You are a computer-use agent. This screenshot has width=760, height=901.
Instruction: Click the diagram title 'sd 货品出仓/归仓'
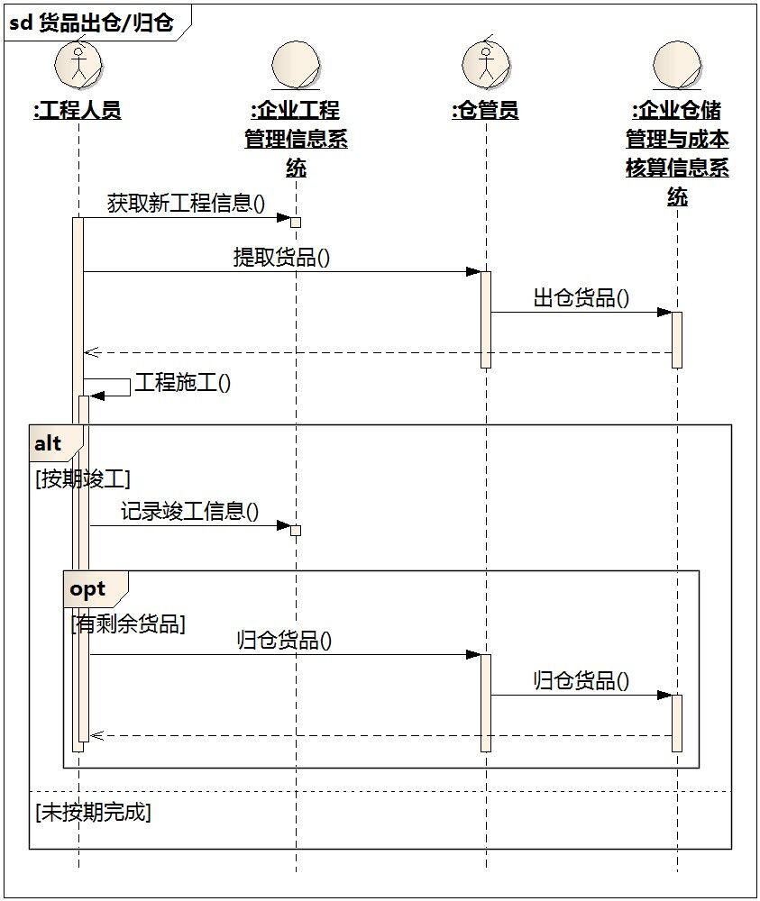[x=91, y=23]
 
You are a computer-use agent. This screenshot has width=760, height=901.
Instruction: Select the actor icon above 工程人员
[x=78, y=63]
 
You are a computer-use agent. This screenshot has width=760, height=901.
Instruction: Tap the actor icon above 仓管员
[x=486, y=63]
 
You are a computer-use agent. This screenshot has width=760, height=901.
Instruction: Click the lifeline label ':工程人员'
[x=78, y=110]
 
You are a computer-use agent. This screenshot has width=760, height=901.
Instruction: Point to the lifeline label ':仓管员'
[x=486, y=110]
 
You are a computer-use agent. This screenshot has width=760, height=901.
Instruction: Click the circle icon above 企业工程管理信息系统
[x=296, y=66]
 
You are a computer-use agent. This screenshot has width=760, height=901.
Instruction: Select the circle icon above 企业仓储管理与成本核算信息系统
[x=677, y=66]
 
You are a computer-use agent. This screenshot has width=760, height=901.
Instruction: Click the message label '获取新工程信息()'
[x=186, y=203]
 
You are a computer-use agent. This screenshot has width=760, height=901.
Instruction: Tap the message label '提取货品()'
[x=281, y=257]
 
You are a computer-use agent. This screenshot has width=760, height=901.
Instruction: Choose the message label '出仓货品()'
[x=581, y=297]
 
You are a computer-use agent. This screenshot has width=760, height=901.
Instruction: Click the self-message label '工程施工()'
[x=183, y=383]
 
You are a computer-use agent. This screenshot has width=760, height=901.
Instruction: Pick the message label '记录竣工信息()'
[x=189, y=511]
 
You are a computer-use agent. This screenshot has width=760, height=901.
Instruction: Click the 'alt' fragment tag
[x=49, y=443]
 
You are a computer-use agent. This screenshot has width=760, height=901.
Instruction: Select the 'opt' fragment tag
[x=87, y=589]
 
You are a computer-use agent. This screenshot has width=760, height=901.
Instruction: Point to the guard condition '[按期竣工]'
[x=83, y=478]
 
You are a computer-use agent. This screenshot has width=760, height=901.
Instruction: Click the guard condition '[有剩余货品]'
[x=128, y=624]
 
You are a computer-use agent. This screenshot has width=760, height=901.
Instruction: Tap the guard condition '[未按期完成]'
[x=93, y=812]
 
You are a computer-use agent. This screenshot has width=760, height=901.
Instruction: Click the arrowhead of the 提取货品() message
[x=473, y=272]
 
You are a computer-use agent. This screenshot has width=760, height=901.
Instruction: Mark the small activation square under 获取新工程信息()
[x=296, y=223]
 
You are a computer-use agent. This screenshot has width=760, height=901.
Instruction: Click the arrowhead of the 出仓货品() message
[x=664, y=313]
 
